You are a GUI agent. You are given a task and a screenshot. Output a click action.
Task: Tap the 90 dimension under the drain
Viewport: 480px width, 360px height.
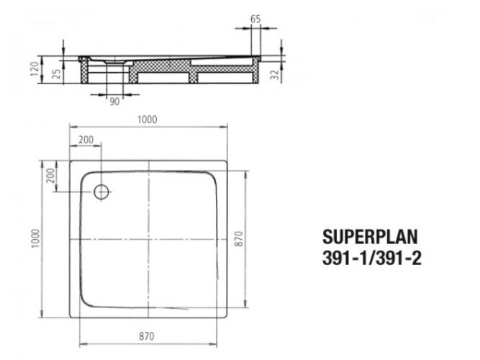coord(114,102)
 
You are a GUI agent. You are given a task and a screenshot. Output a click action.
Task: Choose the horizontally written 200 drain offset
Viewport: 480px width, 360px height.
coord(86,139)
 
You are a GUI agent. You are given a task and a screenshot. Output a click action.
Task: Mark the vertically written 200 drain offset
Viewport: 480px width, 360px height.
coord(50,176)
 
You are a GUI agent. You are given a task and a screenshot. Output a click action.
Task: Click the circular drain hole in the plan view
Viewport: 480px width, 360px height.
coord(101,192)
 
